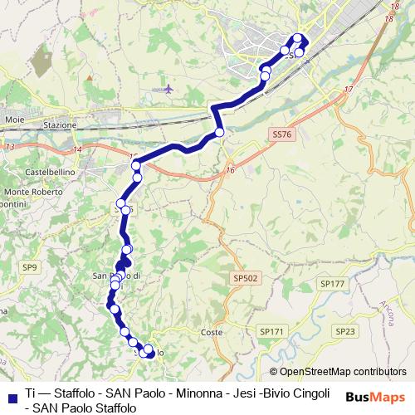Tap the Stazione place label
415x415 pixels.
pyautogui.click(x=60, y=125)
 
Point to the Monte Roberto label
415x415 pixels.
pyautogui.click(x=30, y=192)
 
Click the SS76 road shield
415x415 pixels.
pyautogui.click(x=281, y=134)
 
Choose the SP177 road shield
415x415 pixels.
pyautogui.click(x=330, y=284)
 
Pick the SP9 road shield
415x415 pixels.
pyautogui.click(x=30, y=266)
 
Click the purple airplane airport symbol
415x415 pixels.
pyautogui.click(x=168, y=88)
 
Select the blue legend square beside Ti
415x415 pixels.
pyautogui.click(x=12, y=393)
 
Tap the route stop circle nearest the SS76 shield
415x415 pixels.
pyautogui.click(x=220, y=133)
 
